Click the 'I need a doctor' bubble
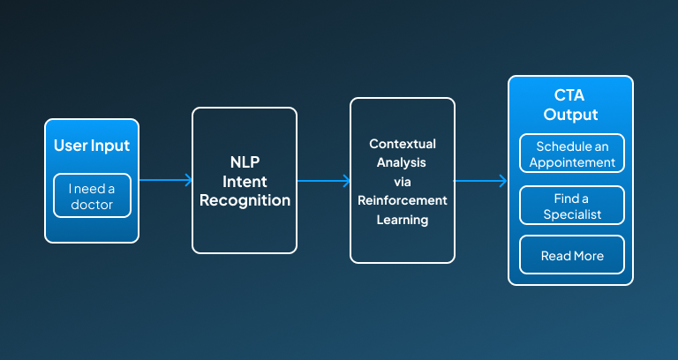(92, 195)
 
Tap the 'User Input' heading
(92, 146)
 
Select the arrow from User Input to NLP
(166, 180)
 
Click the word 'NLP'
(245, 162)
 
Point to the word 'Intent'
(245, 182)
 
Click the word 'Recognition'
(245, 200)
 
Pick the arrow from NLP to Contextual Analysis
(324, 181)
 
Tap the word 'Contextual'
(403, 144)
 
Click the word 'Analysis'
(402, 163)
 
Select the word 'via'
(403, 182)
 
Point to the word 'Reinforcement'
(403, 200)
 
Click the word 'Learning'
(403, 220)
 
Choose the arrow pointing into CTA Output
(480, 181)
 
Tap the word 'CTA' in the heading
(569, 95)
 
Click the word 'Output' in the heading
(571, 115)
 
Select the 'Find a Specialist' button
(572, 206)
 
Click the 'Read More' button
(572, 255)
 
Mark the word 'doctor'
(92, 205)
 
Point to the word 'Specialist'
(572, 214)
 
